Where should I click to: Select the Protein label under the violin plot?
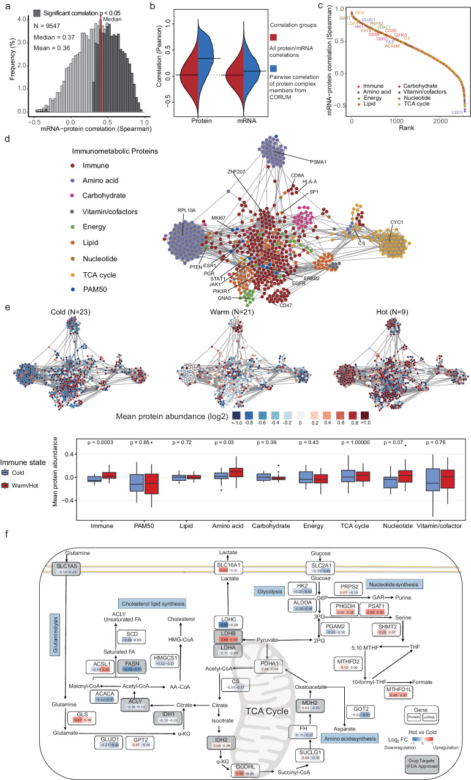tap(189, 121)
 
